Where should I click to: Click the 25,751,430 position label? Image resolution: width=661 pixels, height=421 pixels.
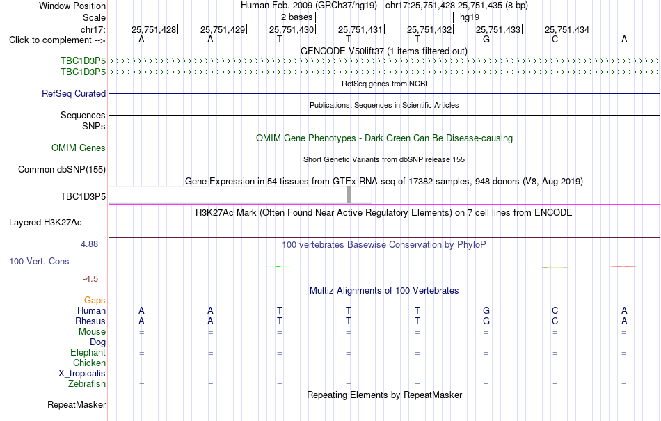292,29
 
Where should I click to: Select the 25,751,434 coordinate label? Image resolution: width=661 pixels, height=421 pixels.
567,29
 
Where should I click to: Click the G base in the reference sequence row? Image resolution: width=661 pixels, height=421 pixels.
486,40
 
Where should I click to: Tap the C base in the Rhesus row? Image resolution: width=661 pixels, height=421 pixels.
555,321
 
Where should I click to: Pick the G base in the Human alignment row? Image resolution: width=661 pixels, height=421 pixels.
486,310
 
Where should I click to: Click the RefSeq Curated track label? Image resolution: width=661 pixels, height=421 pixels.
74,93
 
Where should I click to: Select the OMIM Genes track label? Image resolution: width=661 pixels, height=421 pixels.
79,148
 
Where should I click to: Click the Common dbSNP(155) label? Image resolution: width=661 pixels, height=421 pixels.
62,169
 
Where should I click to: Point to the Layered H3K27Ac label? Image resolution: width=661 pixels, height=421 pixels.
45,223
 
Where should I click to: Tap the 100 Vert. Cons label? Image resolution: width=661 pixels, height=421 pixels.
39,261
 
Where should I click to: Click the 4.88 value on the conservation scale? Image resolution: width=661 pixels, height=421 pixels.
89,244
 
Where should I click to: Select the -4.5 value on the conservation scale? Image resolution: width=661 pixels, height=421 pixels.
90,279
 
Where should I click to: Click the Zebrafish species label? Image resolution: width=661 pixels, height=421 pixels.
87,384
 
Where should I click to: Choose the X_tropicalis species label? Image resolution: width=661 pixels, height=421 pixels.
82,374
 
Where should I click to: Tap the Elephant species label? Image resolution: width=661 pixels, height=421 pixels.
88,352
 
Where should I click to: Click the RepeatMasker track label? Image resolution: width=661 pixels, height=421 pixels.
77,404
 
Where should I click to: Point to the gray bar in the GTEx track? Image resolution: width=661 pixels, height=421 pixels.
349,195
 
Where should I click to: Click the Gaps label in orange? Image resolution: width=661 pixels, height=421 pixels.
95,300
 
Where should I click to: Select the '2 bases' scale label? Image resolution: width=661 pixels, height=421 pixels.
297,17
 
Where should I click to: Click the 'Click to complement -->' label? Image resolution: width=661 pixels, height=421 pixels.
57,40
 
